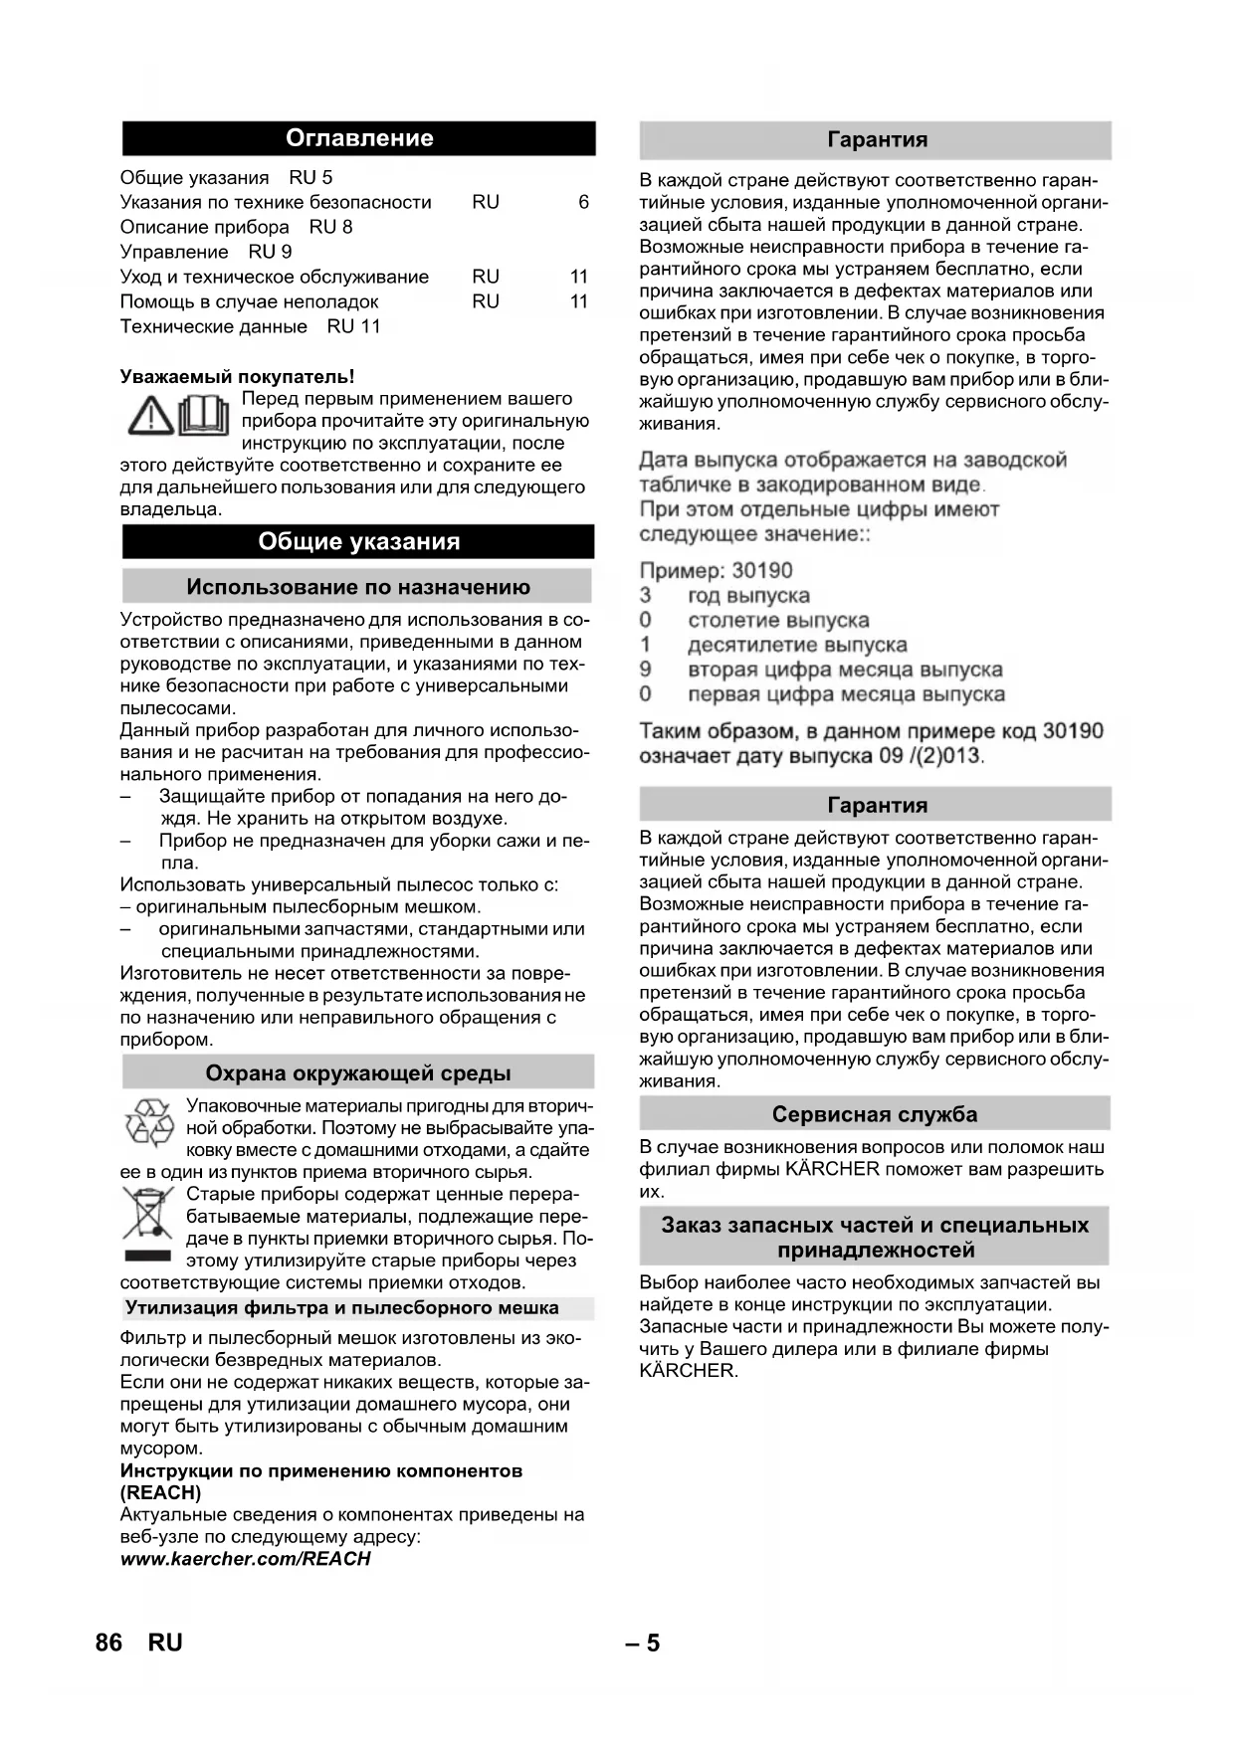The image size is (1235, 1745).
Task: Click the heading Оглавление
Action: [x=359, y=138]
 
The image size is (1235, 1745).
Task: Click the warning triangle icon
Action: [x=150, y=415]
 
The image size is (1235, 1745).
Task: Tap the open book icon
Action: [x=203, y=415]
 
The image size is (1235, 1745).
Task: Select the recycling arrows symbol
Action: [x=149, y=1122]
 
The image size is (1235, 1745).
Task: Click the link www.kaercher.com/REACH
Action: [x=245, y=1559]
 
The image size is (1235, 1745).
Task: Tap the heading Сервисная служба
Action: [x=875, y=1114]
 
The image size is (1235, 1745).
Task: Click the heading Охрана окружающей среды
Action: [x=358, y=1072]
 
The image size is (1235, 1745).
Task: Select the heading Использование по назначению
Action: [x=358, y=587]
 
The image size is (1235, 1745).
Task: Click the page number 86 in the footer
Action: [x=108, y=1643]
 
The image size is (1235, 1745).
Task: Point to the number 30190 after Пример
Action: [x=762, y=571]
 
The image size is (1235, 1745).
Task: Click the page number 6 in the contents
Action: [x=583, y=202]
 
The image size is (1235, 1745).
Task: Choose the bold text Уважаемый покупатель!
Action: [x=237, y=376]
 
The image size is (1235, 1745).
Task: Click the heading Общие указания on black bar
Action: [x=359, y=541]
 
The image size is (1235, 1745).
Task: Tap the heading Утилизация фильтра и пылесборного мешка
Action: [x=341, y=1308]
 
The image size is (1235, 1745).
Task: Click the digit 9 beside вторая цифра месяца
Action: [x=646, y=670]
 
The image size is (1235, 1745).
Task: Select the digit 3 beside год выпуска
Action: [x=646, y=596]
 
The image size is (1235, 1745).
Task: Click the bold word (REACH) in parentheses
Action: [x=160, y=1492]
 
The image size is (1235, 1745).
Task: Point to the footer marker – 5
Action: [x=643, y=1643]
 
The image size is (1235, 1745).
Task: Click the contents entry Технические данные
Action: [x=214, y=326]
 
